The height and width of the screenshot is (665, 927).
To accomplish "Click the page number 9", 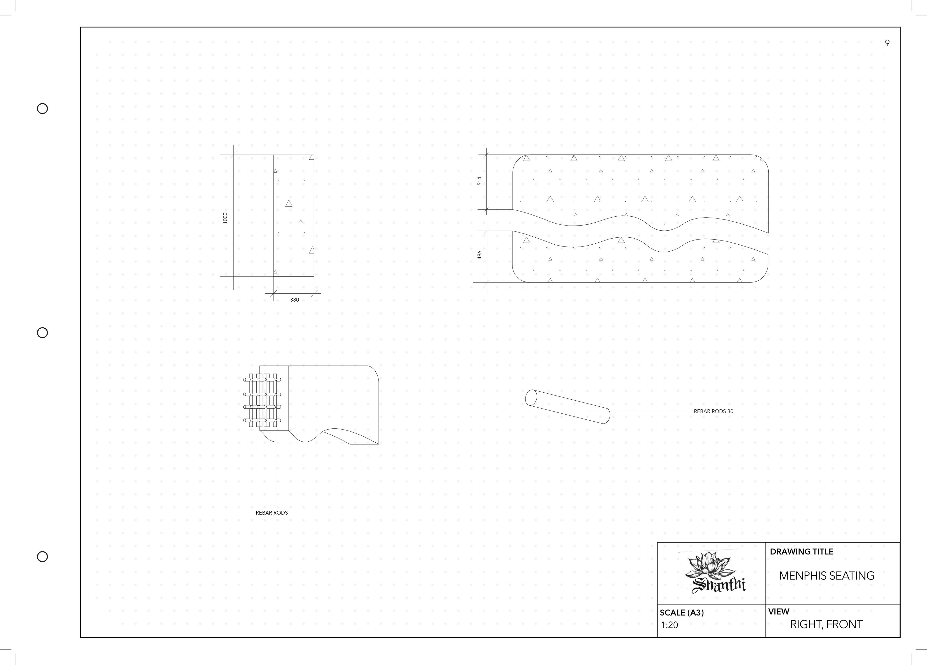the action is tap(887, 43).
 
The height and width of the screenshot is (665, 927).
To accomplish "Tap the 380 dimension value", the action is tap(294, 300).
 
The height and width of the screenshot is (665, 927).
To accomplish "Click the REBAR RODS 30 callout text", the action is tap(713, 411).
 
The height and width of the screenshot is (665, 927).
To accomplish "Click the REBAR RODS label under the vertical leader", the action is tap(272, 513).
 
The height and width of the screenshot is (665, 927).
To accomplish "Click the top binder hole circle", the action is tap(42, 108).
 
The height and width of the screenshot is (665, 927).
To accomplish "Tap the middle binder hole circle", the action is tap(42, 333).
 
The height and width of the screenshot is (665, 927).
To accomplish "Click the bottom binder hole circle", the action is tap(42, 557).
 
